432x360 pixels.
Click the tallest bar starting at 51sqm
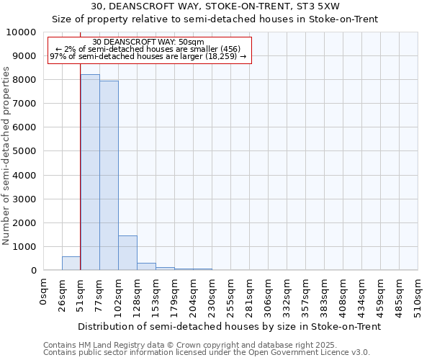(90, 173)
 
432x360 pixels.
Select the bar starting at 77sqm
(109, 176)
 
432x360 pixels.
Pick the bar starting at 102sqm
(127, 253)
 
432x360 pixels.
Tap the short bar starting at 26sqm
(71, 264)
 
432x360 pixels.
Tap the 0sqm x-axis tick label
(44, 292)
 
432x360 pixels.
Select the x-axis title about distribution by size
(229, 326)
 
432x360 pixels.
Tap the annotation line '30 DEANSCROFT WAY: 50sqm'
(148, 42)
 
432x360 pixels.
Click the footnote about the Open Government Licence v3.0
(207, 353)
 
